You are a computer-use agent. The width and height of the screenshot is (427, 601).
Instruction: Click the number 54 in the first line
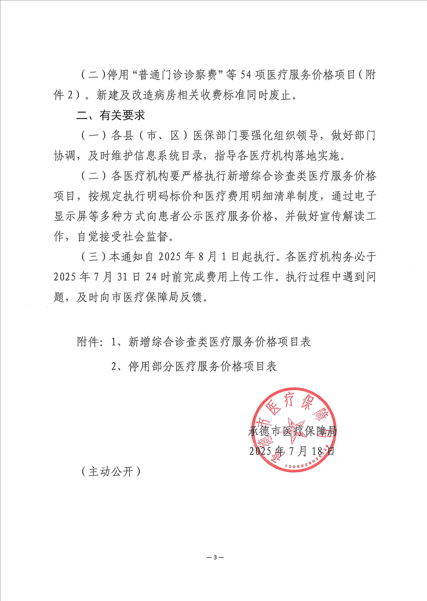(x=245, y=75)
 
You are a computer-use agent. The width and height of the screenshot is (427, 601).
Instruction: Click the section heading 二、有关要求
(x=111, y=115)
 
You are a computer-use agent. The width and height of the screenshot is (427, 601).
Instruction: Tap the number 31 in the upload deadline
(x=122, y=277)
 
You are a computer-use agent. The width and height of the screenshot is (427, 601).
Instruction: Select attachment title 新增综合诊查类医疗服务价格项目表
(x=220, y=342)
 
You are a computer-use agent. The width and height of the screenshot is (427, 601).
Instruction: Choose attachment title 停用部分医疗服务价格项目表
(x=202, y=366)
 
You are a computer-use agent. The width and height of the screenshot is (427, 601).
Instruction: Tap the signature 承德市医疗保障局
(x=292, y=431)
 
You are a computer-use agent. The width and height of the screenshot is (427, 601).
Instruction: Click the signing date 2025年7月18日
(x=292, y=451)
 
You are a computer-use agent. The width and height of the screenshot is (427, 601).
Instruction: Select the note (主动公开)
(x=111, y=471)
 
